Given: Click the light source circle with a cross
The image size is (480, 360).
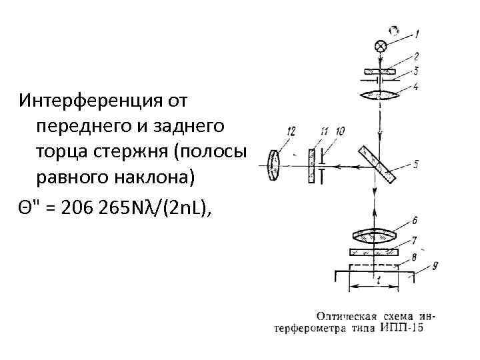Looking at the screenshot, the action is [x=381, y=46].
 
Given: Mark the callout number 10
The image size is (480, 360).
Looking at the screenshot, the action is [x=341, y=132].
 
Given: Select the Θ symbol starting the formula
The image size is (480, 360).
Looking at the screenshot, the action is [x=25, y=208].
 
